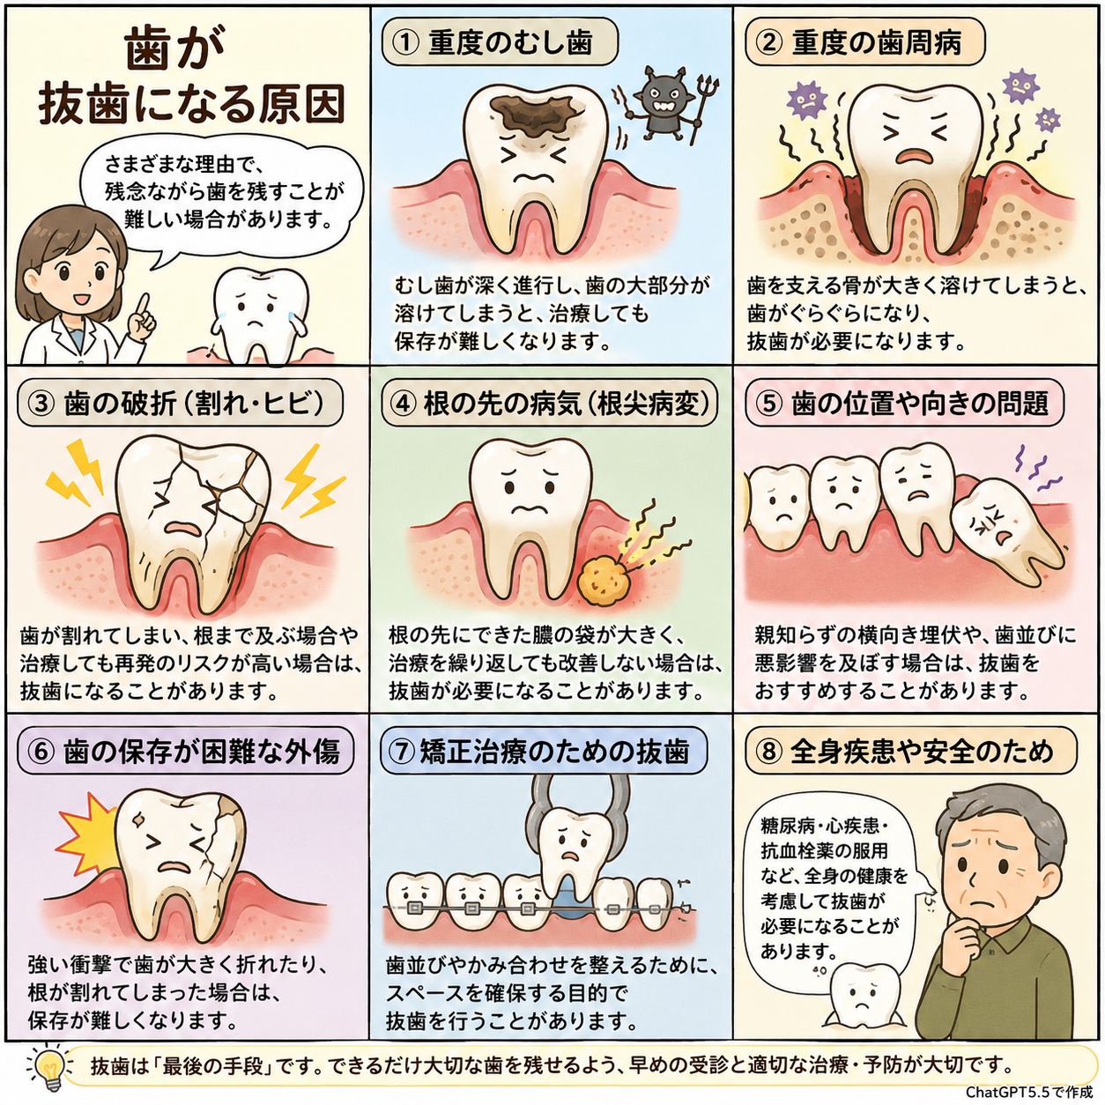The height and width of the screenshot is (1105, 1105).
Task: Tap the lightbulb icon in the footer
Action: click(51, 1066)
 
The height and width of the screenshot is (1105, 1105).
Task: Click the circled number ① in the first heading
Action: click(405, 43)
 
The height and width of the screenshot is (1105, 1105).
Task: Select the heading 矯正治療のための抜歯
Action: click(554, 751)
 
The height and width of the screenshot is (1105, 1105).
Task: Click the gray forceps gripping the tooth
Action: click(578, 814)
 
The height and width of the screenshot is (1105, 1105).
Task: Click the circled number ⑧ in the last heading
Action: click(768, 751)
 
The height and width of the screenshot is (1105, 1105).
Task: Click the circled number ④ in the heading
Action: click(403, 404)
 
